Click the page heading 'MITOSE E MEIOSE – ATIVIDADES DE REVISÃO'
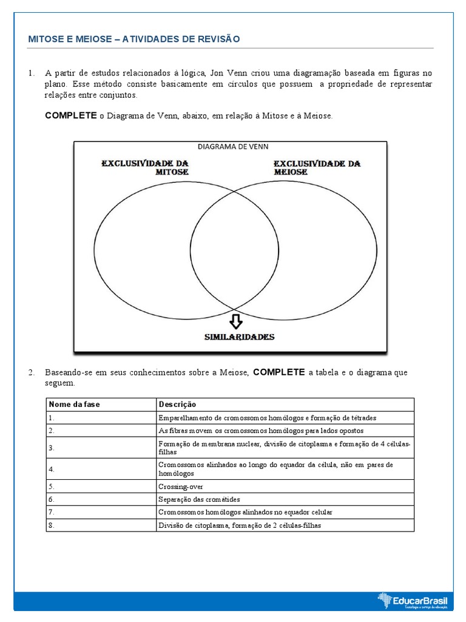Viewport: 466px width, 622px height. coord(134,39)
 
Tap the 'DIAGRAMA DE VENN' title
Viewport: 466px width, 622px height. coord(233,146)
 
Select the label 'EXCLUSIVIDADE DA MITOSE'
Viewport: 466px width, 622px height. coord(144,168)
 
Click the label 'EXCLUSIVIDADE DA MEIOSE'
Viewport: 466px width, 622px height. coord(317,168)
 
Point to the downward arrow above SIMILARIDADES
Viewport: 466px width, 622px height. coord(235,320)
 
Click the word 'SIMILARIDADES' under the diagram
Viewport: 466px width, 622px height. coord(238,337)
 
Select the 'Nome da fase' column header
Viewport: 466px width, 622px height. coord(75,405)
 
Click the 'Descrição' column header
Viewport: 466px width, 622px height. coord(177,405)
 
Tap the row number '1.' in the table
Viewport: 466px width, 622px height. coord(52,418)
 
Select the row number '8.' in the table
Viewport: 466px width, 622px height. coord(52,525)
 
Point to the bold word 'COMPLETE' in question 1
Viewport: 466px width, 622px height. coord(71,115)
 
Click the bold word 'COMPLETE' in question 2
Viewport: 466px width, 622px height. coord(279,372)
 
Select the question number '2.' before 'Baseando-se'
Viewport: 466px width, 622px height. coord(32,372)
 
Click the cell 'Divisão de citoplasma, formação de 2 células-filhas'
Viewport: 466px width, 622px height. coord(239,525)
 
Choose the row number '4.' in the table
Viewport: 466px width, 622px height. coord(52,469)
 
